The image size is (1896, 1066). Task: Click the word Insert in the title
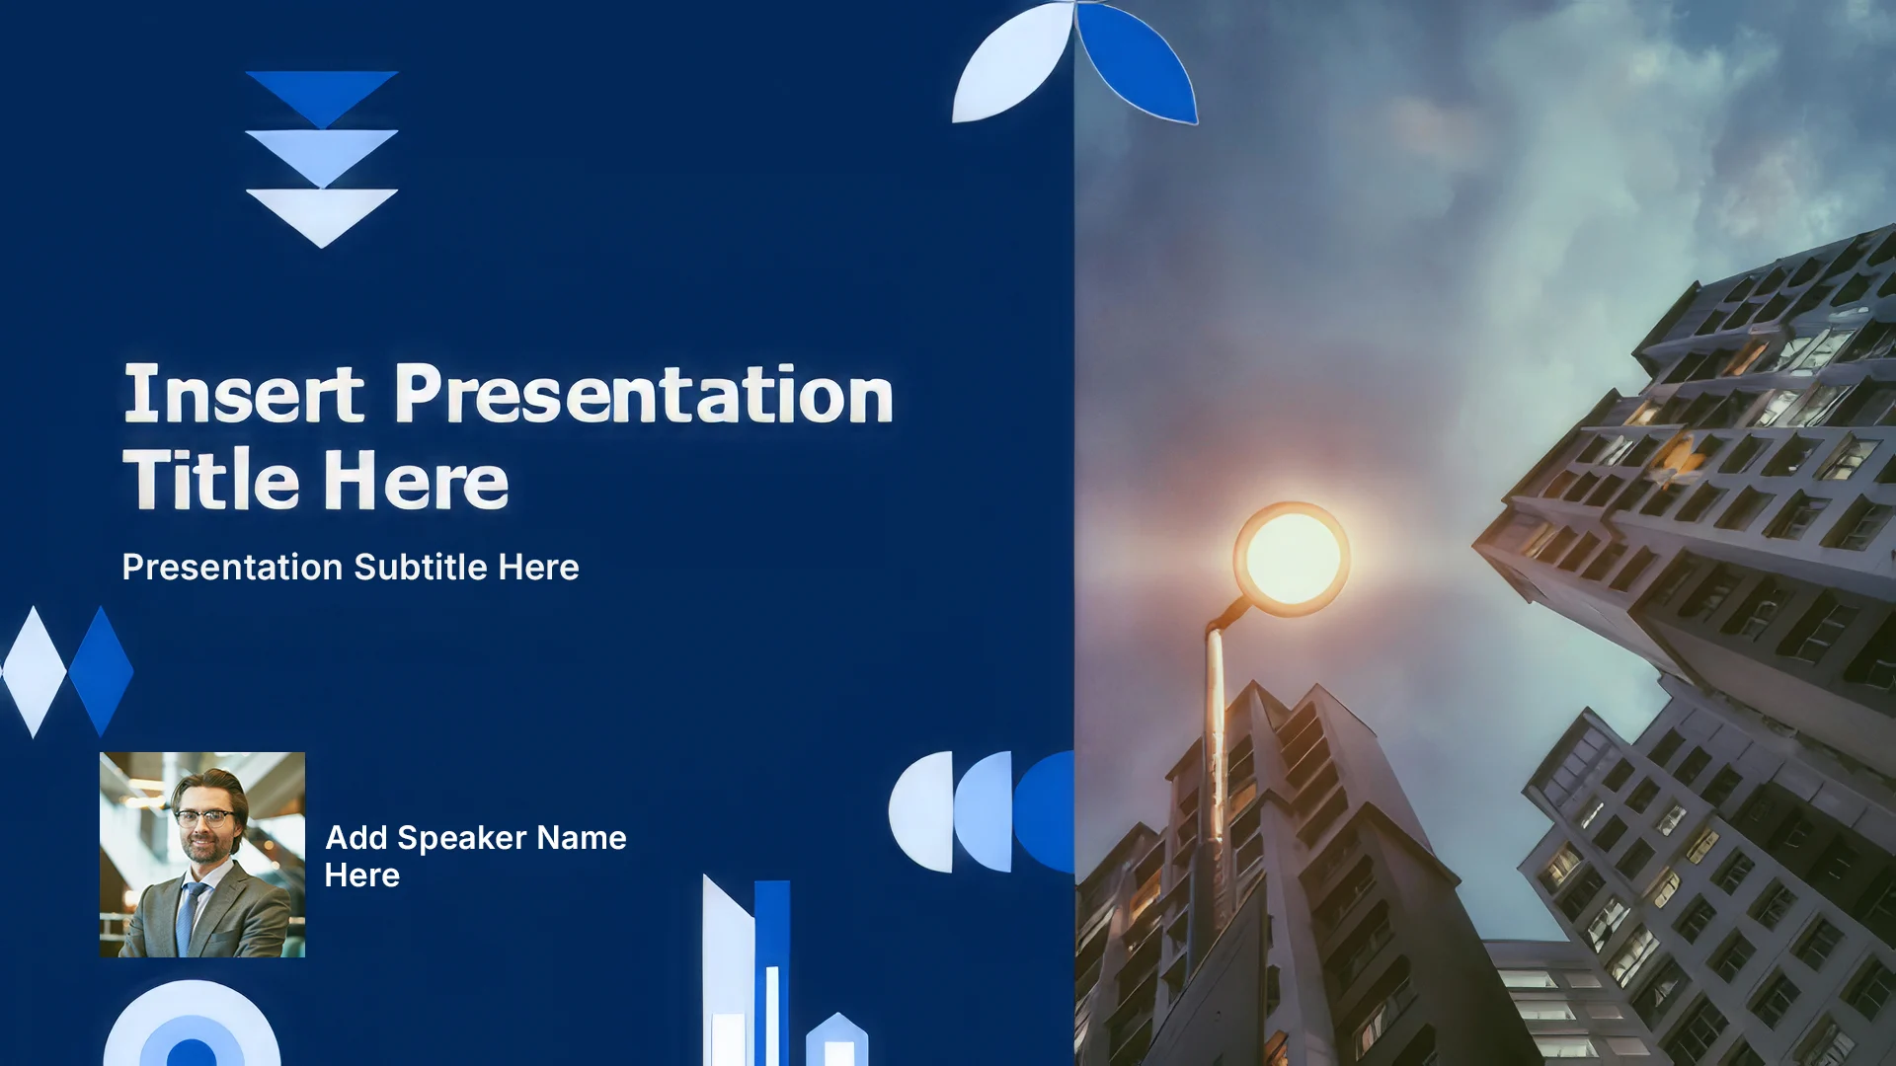244,394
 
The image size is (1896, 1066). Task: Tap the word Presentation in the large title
644,394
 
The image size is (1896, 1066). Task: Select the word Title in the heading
210,480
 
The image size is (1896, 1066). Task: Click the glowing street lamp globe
1291,559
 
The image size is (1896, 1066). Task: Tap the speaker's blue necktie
187,917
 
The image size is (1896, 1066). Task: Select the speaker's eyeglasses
204,817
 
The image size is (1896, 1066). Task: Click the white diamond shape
35,672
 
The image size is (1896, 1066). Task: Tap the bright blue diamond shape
101,671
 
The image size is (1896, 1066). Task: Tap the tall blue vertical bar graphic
772,972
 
